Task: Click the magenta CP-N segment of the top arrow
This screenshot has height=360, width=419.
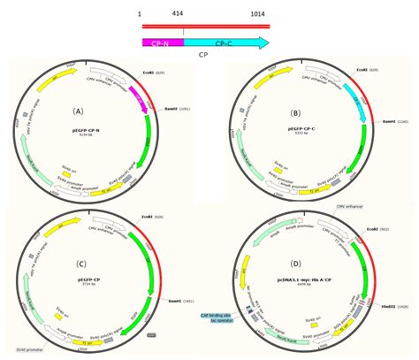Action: (x=161, y=42)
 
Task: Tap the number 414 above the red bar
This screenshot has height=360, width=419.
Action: (x=182, y=14)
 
